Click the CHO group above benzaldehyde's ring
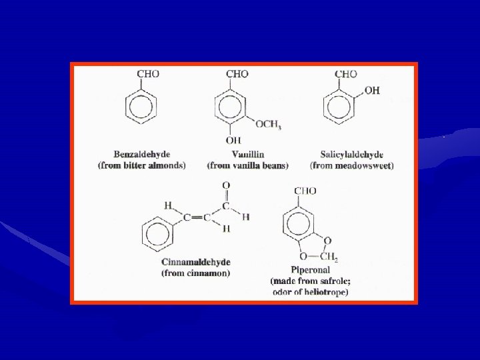(148, 74)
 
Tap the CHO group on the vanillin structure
(238, 74)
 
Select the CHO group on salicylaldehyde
(346, 74)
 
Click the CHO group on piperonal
(305, 191)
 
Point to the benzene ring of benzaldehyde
(141, 107)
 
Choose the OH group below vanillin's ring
(233, 141)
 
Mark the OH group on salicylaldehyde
(372, 91)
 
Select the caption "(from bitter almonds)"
(141, 165)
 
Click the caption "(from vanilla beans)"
(247, 165)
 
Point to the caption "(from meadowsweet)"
(352, 165)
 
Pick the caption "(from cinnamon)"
(195, 273)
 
